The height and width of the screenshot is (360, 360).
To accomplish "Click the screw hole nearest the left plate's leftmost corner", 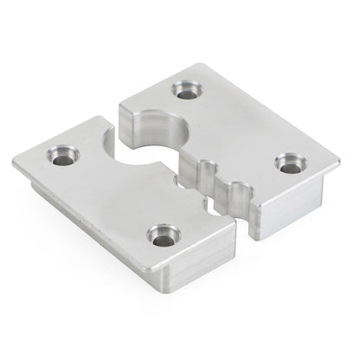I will (x=63, y=156).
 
